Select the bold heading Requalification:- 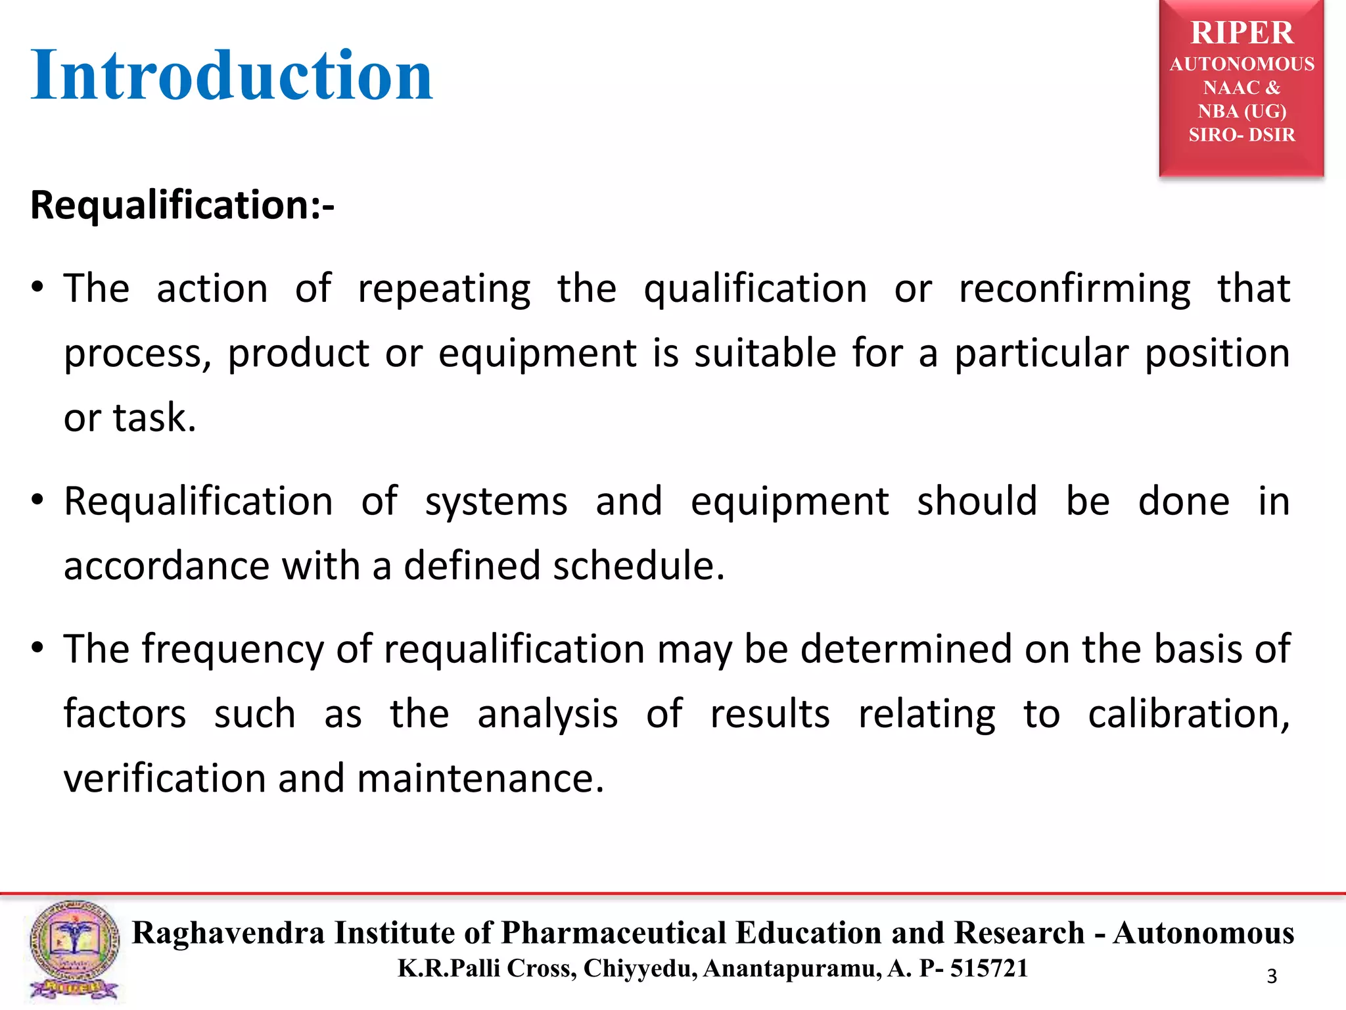tap(182, 204)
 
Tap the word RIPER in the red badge tap(1242, 33)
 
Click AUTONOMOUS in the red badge tap(1242, 64)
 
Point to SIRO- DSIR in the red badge tap(1242, 135)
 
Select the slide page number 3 tap(1272, 976)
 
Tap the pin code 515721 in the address tap(988, 969)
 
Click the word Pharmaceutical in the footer tap(614, 933)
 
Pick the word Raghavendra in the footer tap(228, 933)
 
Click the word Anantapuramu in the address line tap(792, 969)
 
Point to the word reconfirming tap(1075, 289)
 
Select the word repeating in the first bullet tap(444, 289)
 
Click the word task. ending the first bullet tap(154, 418)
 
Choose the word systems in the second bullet tap(496, 502)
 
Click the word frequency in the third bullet tap(233, 650)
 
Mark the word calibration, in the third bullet tap(1189, 714)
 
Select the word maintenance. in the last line tap(480, 779)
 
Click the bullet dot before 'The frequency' tap(38, 648)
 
